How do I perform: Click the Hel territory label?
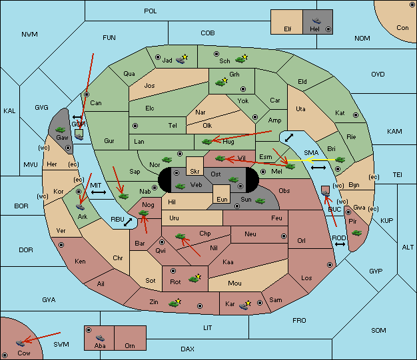pos(314,29)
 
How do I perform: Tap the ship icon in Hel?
pos(316,21)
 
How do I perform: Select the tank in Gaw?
pos(61,130)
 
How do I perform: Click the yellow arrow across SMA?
pos(312,160)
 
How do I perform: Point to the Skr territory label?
pos(195,172)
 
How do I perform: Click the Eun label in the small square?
pos(222,199)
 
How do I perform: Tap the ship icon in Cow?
pos(20,343)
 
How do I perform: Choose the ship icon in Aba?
pos(100,338)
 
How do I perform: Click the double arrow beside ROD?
pos(340,244)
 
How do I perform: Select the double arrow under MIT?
pos(99,192)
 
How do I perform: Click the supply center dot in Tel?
pos(135,125)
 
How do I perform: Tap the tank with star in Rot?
pos(195,279)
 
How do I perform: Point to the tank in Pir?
pos(356,233)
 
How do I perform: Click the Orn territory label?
pos(130,345)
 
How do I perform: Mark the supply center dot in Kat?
pos(356,115)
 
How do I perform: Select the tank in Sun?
pos(260,201)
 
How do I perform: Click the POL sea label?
pos(151,11)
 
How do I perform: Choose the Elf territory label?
pos(288,29)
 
